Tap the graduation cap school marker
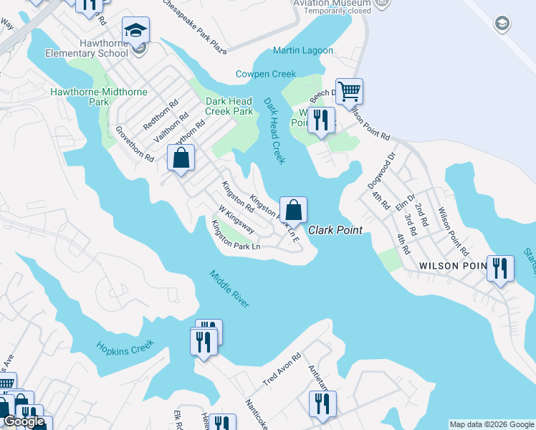(135, 31)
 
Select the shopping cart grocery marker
(349, 92)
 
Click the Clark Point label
(335, 230)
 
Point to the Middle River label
(229, 289)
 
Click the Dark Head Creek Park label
(229, 106)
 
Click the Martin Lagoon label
(302, 51)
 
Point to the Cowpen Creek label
(265, 74)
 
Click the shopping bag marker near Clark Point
(293, 210)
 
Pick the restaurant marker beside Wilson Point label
(500, 269)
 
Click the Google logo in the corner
(24, 421)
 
